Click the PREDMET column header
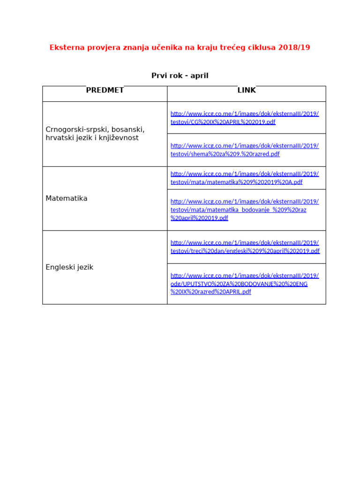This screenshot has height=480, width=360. (105, 90)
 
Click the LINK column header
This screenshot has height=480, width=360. (247, 90)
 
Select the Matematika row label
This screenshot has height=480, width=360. (67, 198)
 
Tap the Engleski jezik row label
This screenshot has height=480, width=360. (69, 267)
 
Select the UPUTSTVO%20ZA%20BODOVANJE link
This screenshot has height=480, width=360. (239, 284)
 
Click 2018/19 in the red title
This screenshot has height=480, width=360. (294, 47)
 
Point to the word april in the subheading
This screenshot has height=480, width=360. (199, 75)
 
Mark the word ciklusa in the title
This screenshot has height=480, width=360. (260, 47)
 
